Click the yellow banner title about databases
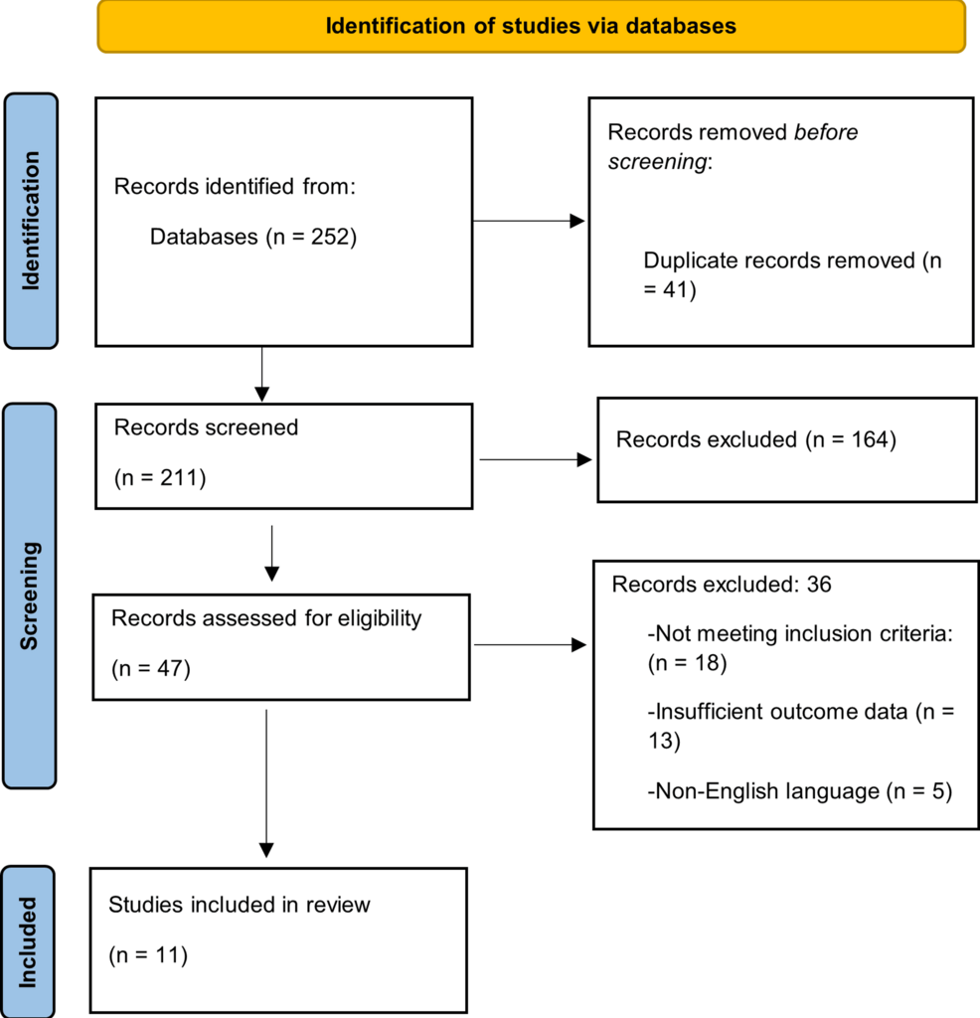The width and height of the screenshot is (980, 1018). click(531, 26)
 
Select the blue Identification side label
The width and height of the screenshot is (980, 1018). click(31, 221)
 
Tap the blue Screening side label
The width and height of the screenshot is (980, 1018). click(31, 594)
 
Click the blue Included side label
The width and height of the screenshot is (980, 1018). click(29, 941)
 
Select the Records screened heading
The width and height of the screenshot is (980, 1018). click(206, 427)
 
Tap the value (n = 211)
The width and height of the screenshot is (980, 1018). click(159, 478)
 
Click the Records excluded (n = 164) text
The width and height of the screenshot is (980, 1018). click(756, 439)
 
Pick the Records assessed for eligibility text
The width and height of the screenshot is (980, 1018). click(266, 618)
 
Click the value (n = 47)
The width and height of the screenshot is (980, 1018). click(150, 669)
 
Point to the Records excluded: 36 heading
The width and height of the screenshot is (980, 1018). click(722, 585)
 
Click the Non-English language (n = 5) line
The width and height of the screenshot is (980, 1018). click(799, 791)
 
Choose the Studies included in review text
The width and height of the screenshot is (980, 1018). click(239, 905)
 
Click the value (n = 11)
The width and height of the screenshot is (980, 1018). click(148, 955)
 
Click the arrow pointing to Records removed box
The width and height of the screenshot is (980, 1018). click(529, 221)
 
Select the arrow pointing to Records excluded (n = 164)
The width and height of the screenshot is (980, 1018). click(535, 459)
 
